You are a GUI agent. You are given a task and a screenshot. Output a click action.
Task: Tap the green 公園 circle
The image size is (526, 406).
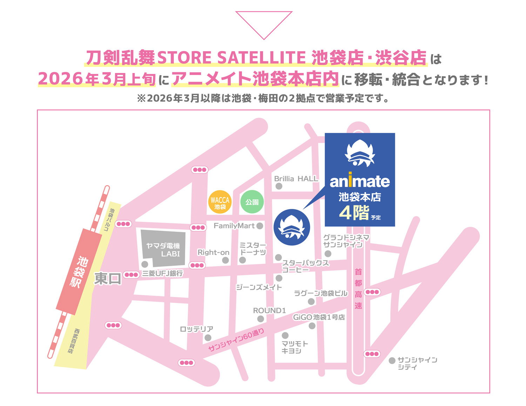[252, 202]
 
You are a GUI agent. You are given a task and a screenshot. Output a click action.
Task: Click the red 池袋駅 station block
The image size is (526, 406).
[79, 272]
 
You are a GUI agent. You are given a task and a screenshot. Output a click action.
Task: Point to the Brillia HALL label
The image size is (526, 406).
[296, 179]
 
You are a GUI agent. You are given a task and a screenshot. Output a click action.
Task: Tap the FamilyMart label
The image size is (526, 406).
[234, 226]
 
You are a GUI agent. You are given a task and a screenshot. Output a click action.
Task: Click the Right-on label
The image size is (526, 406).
[213, 252]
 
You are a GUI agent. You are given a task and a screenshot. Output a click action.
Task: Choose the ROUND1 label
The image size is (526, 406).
[269, 311]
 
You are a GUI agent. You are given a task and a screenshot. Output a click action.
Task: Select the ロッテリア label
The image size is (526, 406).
[196, 329]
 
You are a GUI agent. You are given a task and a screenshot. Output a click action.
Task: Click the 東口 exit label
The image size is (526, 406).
[108, 279]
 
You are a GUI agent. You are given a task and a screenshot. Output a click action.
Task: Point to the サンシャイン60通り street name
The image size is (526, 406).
[236, 340]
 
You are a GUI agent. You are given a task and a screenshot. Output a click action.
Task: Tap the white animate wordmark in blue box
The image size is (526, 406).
[360, 181]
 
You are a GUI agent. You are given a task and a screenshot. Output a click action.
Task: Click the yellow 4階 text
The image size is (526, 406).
[354, 212]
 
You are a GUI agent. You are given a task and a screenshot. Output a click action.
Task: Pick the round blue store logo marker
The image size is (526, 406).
[292, 227]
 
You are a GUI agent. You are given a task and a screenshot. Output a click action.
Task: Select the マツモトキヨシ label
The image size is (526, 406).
[295, 347]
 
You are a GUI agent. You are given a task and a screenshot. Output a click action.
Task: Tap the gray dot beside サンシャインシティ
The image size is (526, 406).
[392, 361]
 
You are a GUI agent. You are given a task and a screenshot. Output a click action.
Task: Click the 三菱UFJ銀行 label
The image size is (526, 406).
[162, 273]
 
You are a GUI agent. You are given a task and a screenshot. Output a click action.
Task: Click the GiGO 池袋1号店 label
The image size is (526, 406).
[319, 317]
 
